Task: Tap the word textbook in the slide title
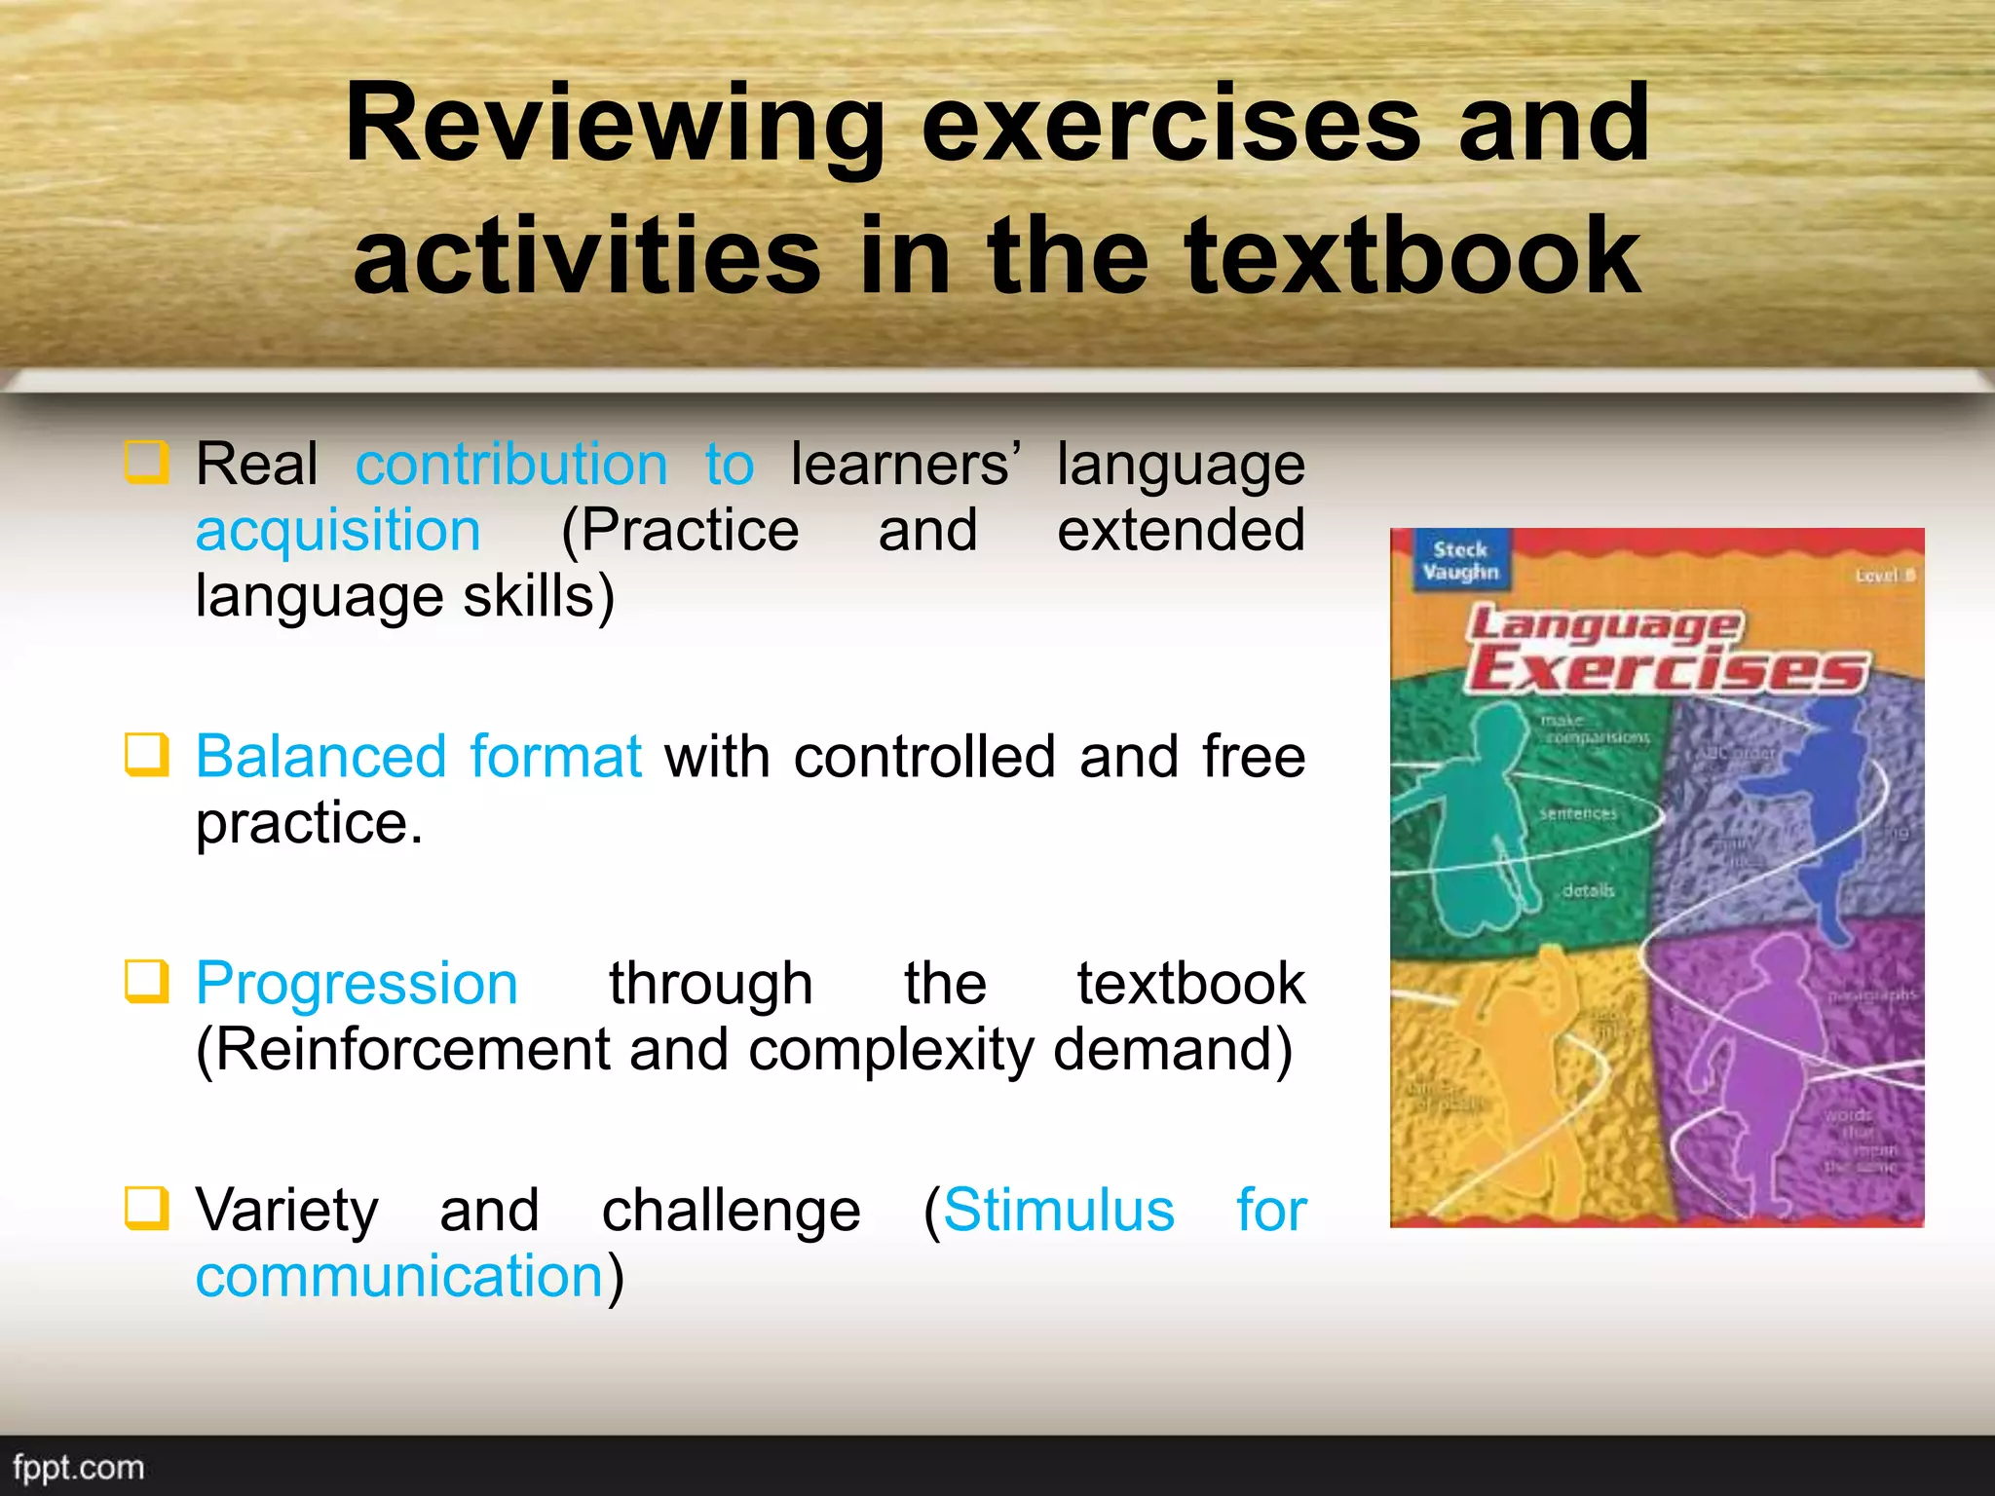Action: click(x=1412, y=257)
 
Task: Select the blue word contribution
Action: click(x=511, y=465)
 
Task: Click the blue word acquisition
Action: click(x=338, y=531)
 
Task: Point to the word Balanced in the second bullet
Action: click(x=320, y=757)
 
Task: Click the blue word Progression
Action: click(x=357, y=984)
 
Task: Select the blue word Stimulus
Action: click(x=1059, y=1211)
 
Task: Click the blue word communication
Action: click(x=399, y=1277)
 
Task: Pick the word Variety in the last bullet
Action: click(x=287, y=1211)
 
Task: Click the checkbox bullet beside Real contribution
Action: click(x=147, y=462)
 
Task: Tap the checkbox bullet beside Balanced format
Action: click(x=147, y=755)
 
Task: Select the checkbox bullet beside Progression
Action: click(x=147, y=982)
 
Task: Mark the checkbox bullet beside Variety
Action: click(x=147, y=1209)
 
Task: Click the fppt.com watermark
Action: click(x=78, y=1468)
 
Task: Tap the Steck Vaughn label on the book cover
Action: click(x=1459, y=561)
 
